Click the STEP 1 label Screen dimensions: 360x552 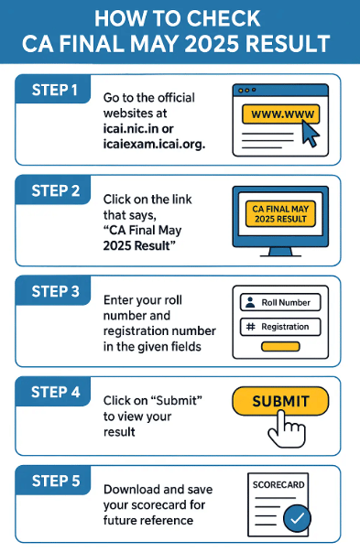[x=55, y=90]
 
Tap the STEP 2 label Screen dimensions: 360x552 [x=56, y=190]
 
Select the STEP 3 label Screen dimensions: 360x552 [x=56, y=291]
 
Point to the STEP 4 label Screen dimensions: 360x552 [x=56, y=392]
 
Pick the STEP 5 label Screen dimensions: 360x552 [x=56, y=481]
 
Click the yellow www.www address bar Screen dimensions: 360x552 [x=280, y=114]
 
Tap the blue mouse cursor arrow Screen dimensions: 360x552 [x=311, y=134]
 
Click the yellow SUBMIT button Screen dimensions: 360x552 [x=280, y=401]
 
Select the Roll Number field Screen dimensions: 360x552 [x=280, y=302]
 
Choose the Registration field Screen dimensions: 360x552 [x=280, y=327]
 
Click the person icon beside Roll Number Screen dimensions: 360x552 [x=250, y=302]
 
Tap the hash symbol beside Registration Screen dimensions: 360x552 [x=250, y=327]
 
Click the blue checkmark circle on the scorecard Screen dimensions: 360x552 [x=297, y=518]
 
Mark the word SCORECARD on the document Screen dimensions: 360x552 [x=278, y=485]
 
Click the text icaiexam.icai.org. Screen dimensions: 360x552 [x=154, y=145]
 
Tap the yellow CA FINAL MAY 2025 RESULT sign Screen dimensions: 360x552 [x=280, y=213]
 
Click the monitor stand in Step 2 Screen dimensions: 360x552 [x=280, y=252]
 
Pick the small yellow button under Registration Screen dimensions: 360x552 [x=280, y=347]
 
